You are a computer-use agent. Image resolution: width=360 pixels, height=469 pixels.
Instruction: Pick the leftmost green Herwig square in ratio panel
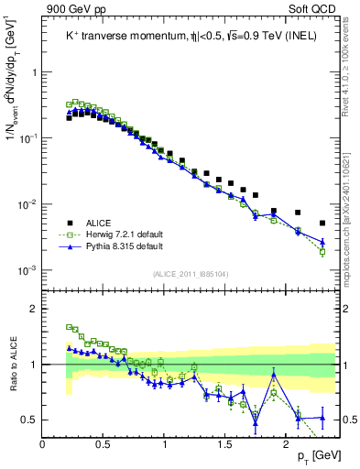[x=69, y=326]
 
